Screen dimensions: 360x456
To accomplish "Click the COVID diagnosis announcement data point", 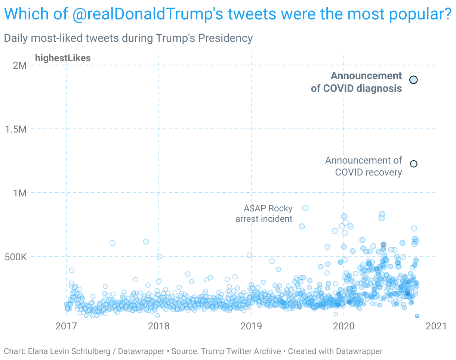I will pos(413,80).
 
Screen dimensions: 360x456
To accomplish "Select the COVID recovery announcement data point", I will pos(413,164).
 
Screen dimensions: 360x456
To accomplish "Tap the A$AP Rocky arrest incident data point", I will pos(305,208).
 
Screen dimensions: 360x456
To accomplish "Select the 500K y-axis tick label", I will pos(15,257).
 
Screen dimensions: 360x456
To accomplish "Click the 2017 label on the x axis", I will pos(66,326).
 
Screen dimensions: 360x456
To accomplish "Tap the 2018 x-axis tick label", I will pos(159,326).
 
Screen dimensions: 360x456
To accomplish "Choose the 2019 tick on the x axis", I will pos(251,326).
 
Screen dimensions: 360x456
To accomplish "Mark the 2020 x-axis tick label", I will pos(343,326).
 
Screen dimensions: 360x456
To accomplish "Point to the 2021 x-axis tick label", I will pos(436,326).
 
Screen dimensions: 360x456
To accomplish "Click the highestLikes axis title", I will pos(63,58).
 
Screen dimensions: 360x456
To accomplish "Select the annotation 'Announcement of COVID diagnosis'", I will pos(357,82).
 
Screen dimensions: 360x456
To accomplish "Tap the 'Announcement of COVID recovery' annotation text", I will pos(364,166).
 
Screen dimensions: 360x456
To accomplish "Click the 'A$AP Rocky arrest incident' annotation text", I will pos(264,213).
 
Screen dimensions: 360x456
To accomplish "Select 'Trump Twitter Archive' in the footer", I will pos(241,351).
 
